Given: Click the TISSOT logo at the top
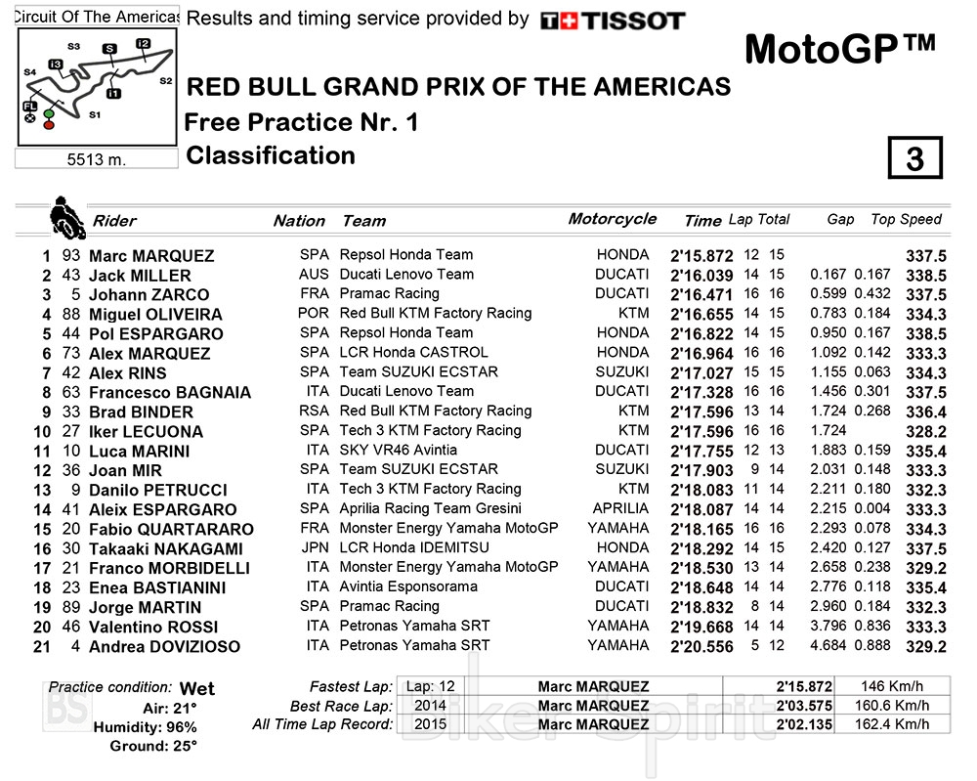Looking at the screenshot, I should pyautogui.click(x=613, y=21).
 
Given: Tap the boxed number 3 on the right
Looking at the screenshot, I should pyautogui.click(x=914, y=158).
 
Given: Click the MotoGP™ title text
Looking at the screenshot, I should pyautogui.click(x=839, y=49).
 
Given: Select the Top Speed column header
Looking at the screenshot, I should pyautogui.click(x=906, y=220).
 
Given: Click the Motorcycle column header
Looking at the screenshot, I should pyautogui.click(x=613, y=219).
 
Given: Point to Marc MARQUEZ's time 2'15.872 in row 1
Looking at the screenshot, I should pyautogui.click(x=701, y=255).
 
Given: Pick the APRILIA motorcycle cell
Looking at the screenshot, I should pyautogui.click(x=620, y=508).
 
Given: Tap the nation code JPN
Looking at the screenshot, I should pyautogui.click(x=314, y=547).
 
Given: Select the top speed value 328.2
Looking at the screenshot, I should pyautogui.click(x=926, y=431).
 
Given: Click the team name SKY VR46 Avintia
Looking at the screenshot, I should pyautogui.click(x=399, y=450).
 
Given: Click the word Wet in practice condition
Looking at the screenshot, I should pyautogui.click(x=197, y=688).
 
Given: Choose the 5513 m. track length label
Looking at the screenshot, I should pyautogui.click(x=98, y=159).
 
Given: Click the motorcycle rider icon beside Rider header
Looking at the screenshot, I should pyautogui.click(x=66, y=218).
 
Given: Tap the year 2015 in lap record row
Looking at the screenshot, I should pyautogui.click(x=430, y=724).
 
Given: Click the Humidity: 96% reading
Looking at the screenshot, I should pyautogui.click(x=145, y=727).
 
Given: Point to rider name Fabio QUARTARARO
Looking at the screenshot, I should pyautogui.click(x=171, y=529).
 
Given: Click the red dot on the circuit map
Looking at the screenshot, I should pyautogui.click(x=49, y=124).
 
